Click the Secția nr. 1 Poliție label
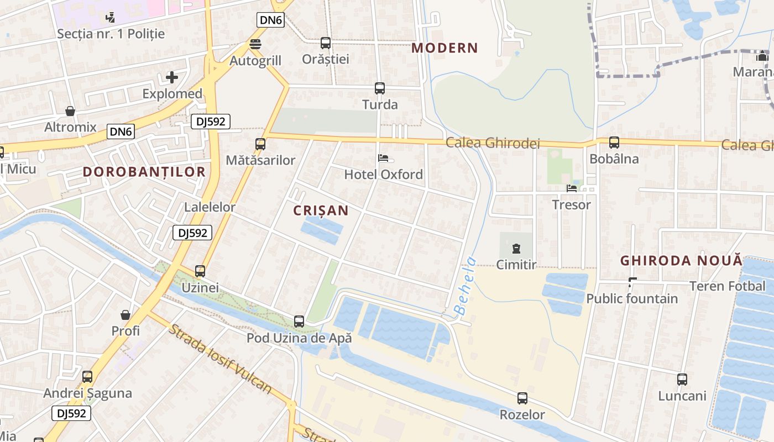click(x=111, y=34)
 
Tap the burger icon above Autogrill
click(x=255, y=44)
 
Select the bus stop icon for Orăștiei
click(x=326, y=43)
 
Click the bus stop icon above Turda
click(x=380, y=88)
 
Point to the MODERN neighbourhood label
click(x=444, y=48)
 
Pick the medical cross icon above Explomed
click(x=172, y=77)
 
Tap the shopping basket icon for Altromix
click(x=70, y=111)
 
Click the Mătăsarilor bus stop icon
click(x=260, y=144)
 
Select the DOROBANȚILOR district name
click(x=144, y=172)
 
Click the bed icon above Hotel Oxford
click(x=383, y=159)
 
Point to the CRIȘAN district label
click(x=321, y=211)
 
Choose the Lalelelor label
click(x=210, y=208)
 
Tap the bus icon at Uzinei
click(x=200, y=271)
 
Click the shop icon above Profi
click(x=125, y=315)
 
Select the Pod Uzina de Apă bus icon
click(x=299, y=321)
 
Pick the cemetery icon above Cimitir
click(x=516, y=249)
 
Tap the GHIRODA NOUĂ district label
click(x=681, y=261)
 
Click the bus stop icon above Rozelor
click(x=522, y=398)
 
